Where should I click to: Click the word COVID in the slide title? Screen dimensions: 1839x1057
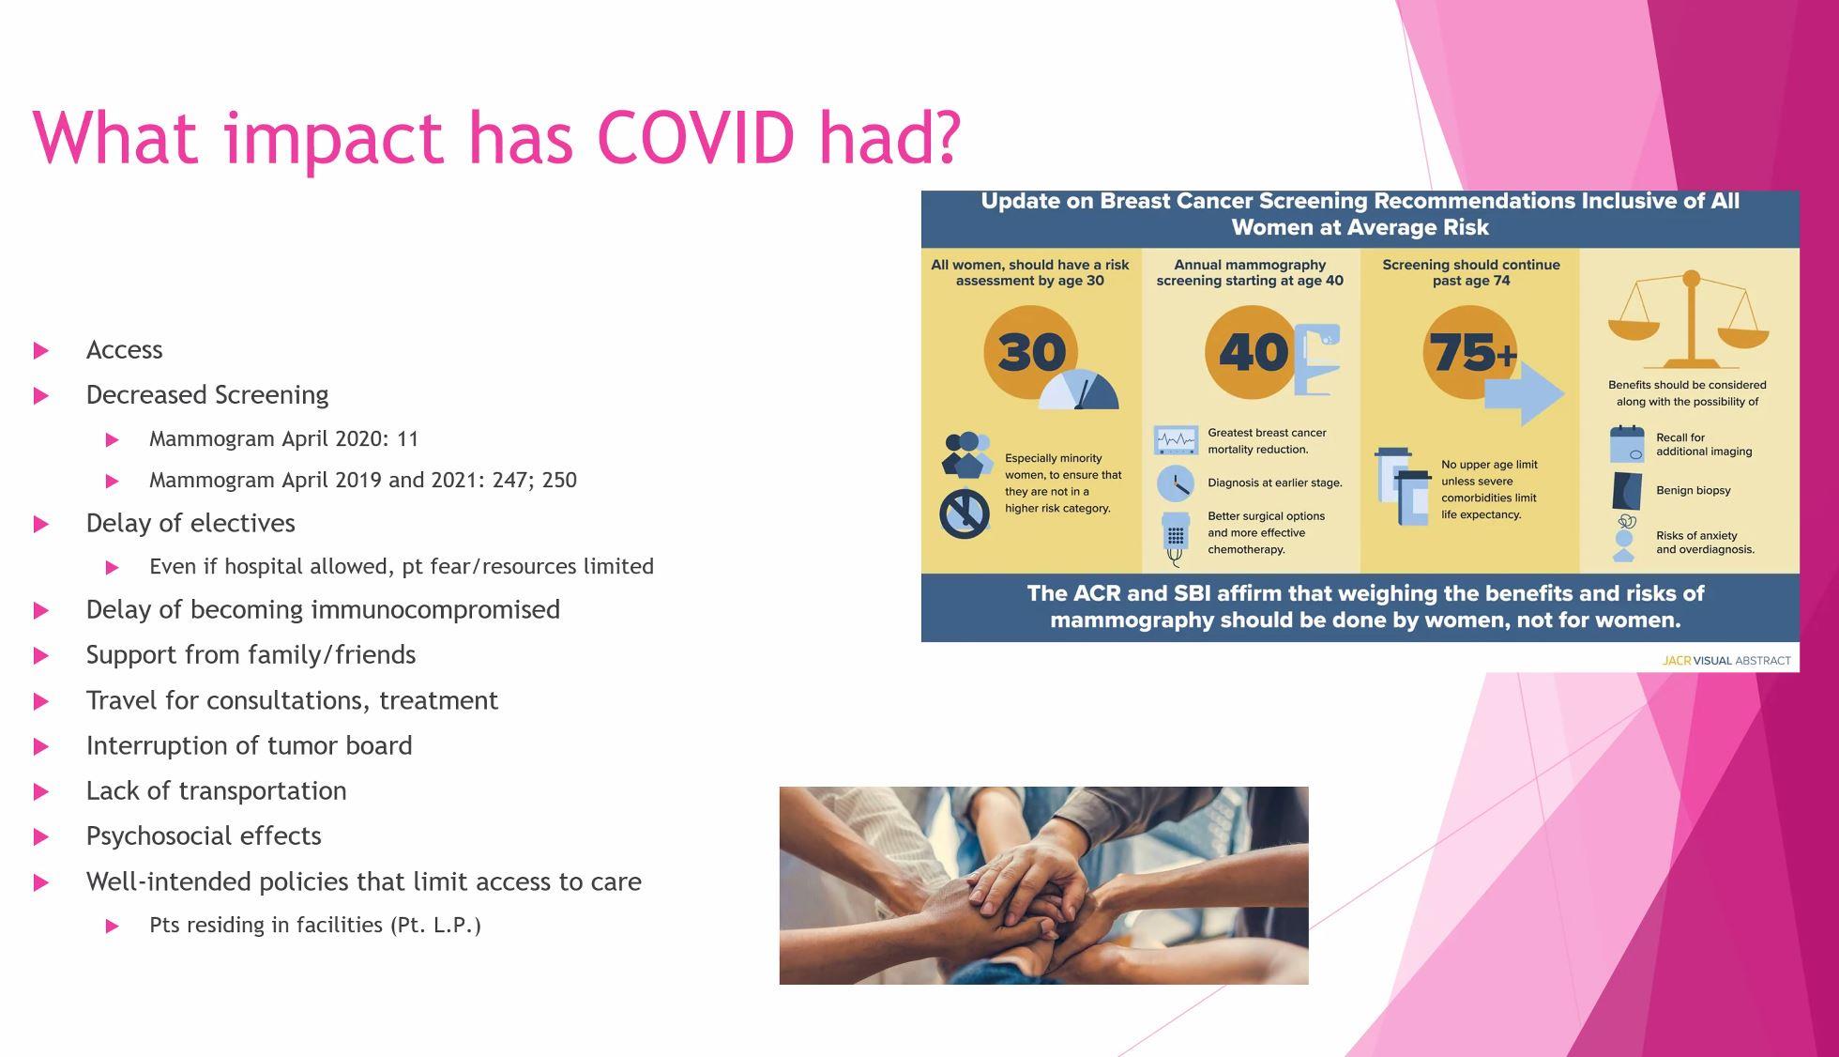pos(695,137)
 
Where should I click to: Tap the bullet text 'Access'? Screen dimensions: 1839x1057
pos(124,350)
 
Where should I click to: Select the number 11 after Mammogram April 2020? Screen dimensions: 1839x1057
pos(407,439)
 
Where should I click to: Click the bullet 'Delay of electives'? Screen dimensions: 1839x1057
pos(190,523)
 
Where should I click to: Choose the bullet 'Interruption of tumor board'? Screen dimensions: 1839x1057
pos(249,745)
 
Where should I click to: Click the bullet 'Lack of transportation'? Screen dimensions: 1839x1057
pos(216,791)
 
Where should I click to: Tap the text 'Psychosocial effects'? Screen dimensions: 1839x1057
pos(204,836)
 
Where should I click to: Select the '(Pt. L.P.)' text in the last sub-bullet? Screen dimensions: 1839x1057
pos(435,926)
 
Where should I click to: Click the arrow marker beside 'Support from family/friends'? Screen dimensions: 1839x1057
pos(41,656)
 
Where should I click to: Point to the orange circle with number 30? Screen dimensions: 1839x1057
pos(1031,352)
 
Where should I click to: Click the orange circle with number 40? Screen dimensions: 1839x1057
pos(1252,352)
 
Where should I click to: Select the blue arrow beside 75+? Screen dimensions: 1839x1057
pos(1525,393)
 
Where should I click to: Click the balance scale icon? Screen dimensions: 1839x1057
pos(1689,319)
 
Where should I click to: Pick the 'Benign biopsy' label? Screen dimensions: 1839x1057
pos(1694,491)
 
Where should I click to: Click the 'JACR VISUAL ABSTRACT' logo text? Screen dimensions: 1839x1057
pos(1726,661)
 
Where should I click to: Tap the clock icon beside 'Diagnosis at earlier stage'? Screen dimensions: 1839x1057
pos(1175,483)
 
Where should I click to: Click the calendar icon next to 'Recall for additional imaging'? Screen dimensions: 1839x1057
pos(1627,444)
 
